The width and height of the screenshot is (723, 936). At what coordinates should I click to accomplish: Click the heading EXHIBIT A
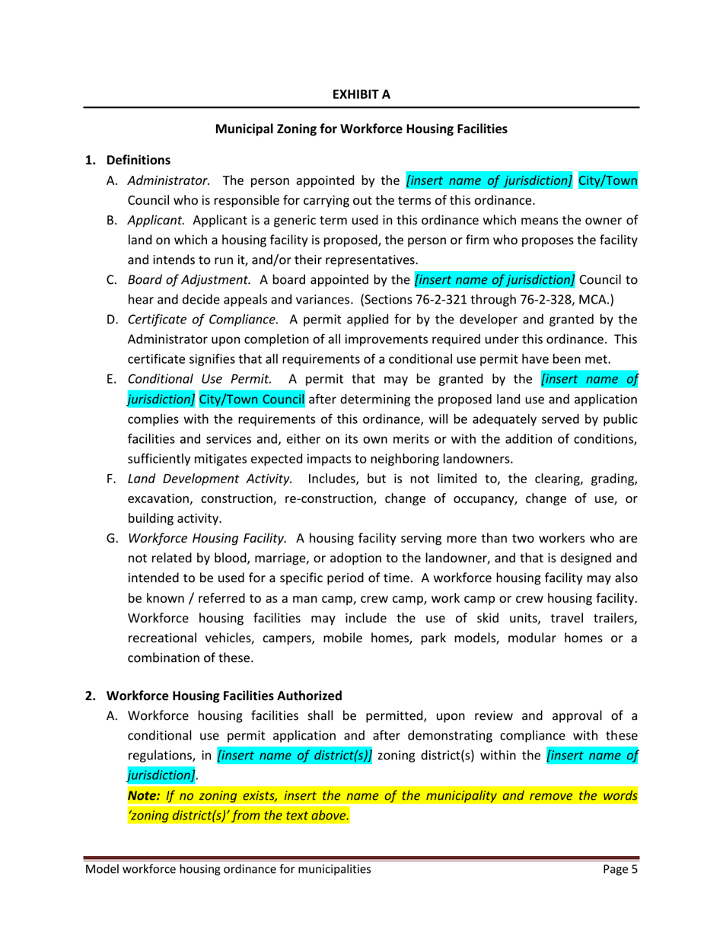pyautogui.click(x=361, y=94)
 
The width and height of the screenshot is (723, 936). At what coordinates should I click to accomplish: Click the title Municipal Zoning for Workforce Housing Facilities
pyautogui.click(x=361, y=129)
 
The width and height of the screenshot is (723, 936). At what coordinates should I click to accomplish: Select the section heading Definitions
pyautogui.click(x=138, y=161)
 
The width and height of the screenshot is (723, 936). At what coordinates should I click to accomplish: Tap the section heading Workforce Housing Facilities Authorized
pyautogui.click(x=224, y=696)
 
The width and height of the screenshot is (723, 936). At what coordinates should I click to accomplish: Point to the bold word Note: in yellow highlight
pyautogui.click(x=145, y=795)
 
